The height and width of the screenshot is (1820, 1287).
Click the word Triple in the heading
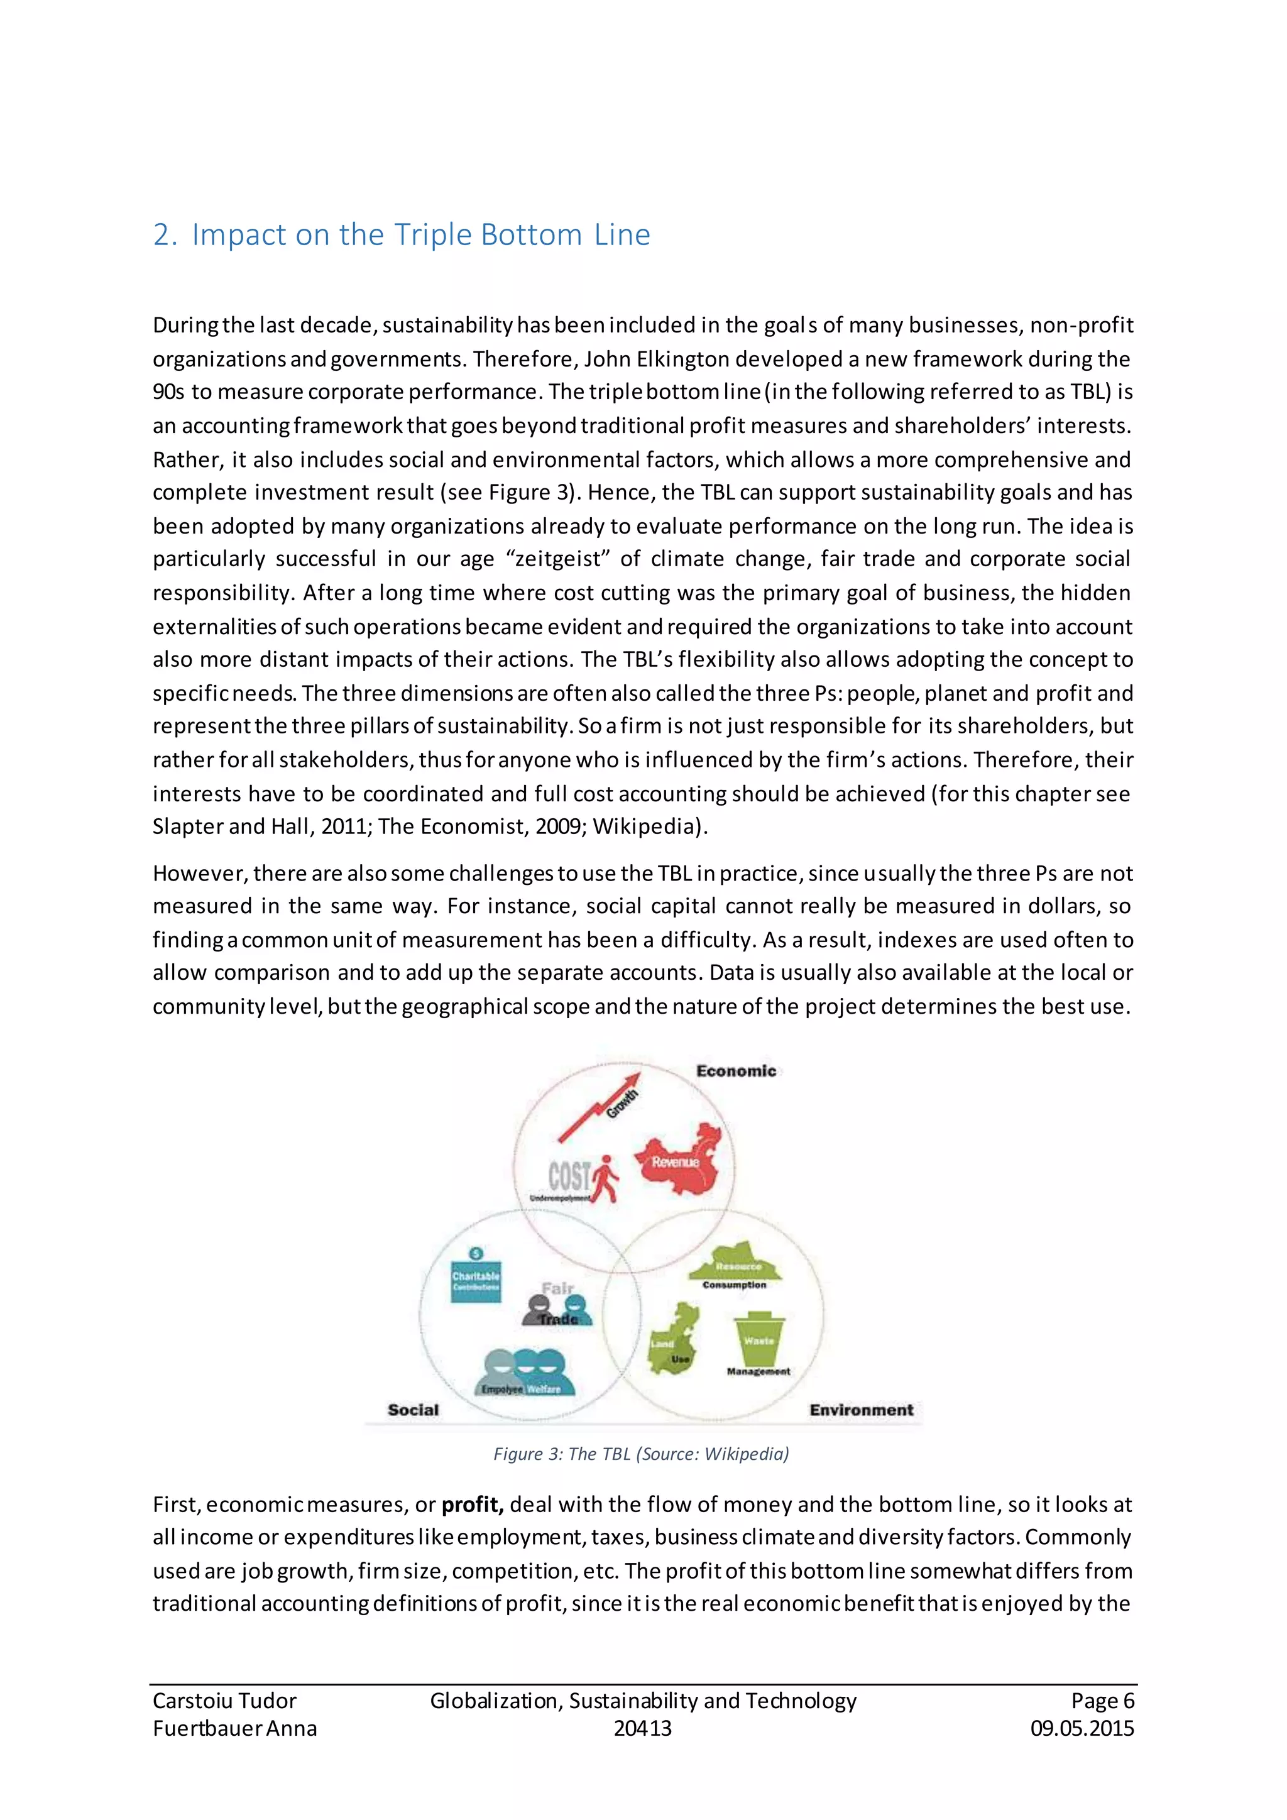pyautogui.click(x=432, y=236)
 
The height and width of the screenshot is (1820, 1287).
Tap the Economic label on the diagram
pyautogui.click(x=735, y=1071)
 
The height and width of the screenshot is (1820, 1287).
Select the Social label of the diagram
pyautogui.click(x=413, y=1410)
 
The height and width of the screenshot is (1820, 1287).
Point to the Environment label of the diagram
pyautogui.click(x=861, y=1410)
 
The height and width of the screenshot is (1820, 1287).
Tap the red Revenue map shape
pyautogui.click(x=679, y=1159)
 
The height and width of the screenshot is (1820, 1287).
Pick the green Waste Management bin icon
pyautogui.click(x=759, y=1339)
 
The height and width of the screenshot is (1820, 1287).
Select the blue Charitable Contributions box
pyautogui.click(x=476, y=1281)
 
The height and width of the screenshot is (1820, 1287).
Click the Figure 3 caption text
pyautogui.click(x=641, y=1454)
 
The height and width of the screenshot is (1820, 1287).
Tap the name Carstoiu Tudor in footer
pyautogui.click(x=224, y=1701)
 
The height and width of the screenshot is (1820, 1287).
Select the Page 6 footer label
pyautogui.click(x=1102, y=1701)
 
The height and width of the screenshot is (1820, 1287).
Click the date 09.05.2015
pyautogui.click(x=1082, y=1728)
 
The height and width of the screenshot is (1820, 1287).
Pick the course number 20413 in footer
pyautogui.click(x=643, y=1728)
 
